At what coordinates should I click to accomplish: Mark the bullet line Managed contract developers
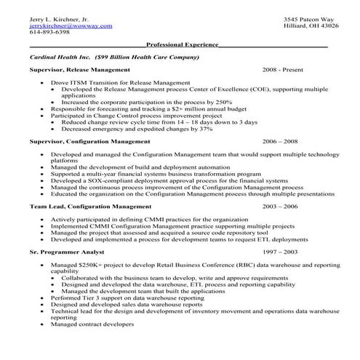tap(89, 324)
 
